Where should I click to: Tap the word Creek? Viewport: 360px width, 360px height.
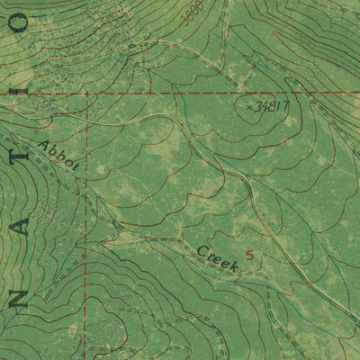tap(217, 258)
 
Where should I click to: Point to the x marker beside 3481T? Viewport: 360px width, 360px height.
tap(249, 106)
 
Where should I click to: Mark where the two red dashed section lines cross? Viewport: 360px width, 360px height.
tap(86, 93)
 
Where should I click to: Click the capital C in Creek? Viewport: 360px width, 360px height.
tap(201, 250)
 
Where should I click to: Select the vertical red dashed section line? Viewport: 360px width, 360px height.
tap(86, 225)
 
